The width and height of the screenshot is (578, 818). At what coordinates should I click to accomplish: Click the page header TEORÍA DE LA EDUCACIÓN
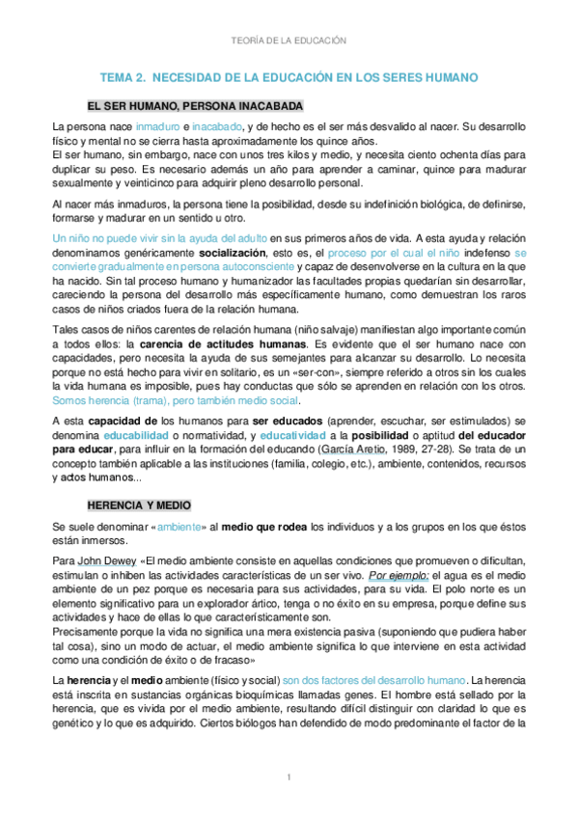pos(289,41)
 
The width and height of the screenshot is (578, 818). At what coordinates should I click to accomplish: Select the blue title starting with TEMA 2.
pos(289,77)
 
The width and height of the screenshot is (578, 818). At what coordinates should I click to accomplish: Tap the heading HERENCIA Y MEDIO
pos(139,505)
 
